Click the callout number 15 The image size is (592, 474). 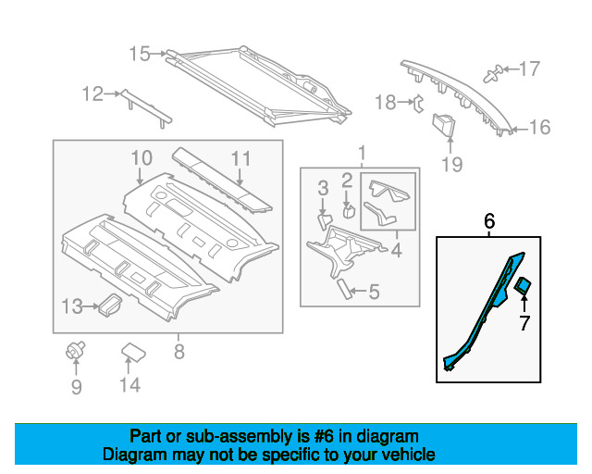click(140, 54)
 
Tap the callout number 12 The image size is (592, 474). click(92, 94)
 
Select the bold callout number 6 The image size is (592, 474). click(489, 220)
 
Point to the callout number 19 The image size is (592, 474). click(452, 164)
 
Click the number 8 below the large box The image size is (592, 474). click(179, 352)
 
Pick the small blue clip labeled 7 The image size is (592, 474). click(523, 285)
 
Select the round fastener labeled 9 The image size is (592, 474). click(75, 350)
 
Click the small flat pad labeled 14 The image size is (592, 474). click(133, 352)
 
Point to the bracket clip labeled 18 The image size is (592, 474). click(419, 104)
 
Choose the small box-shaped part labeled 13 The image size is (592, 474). click(110, 305)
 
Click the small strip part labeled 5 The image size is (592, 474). click(344, 289)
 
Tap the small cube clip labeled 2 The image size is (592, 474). click(349, 211)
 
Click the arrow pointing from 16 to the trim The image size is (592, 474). click(520, 130)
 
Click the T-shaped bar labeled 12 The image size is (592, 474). click(146, 108)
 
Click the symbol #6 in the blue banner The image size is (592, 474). click(324, 437)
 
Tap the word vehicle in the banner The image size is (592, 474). click(413, 455)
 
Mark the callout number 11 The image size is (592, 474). click(240, 158)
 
